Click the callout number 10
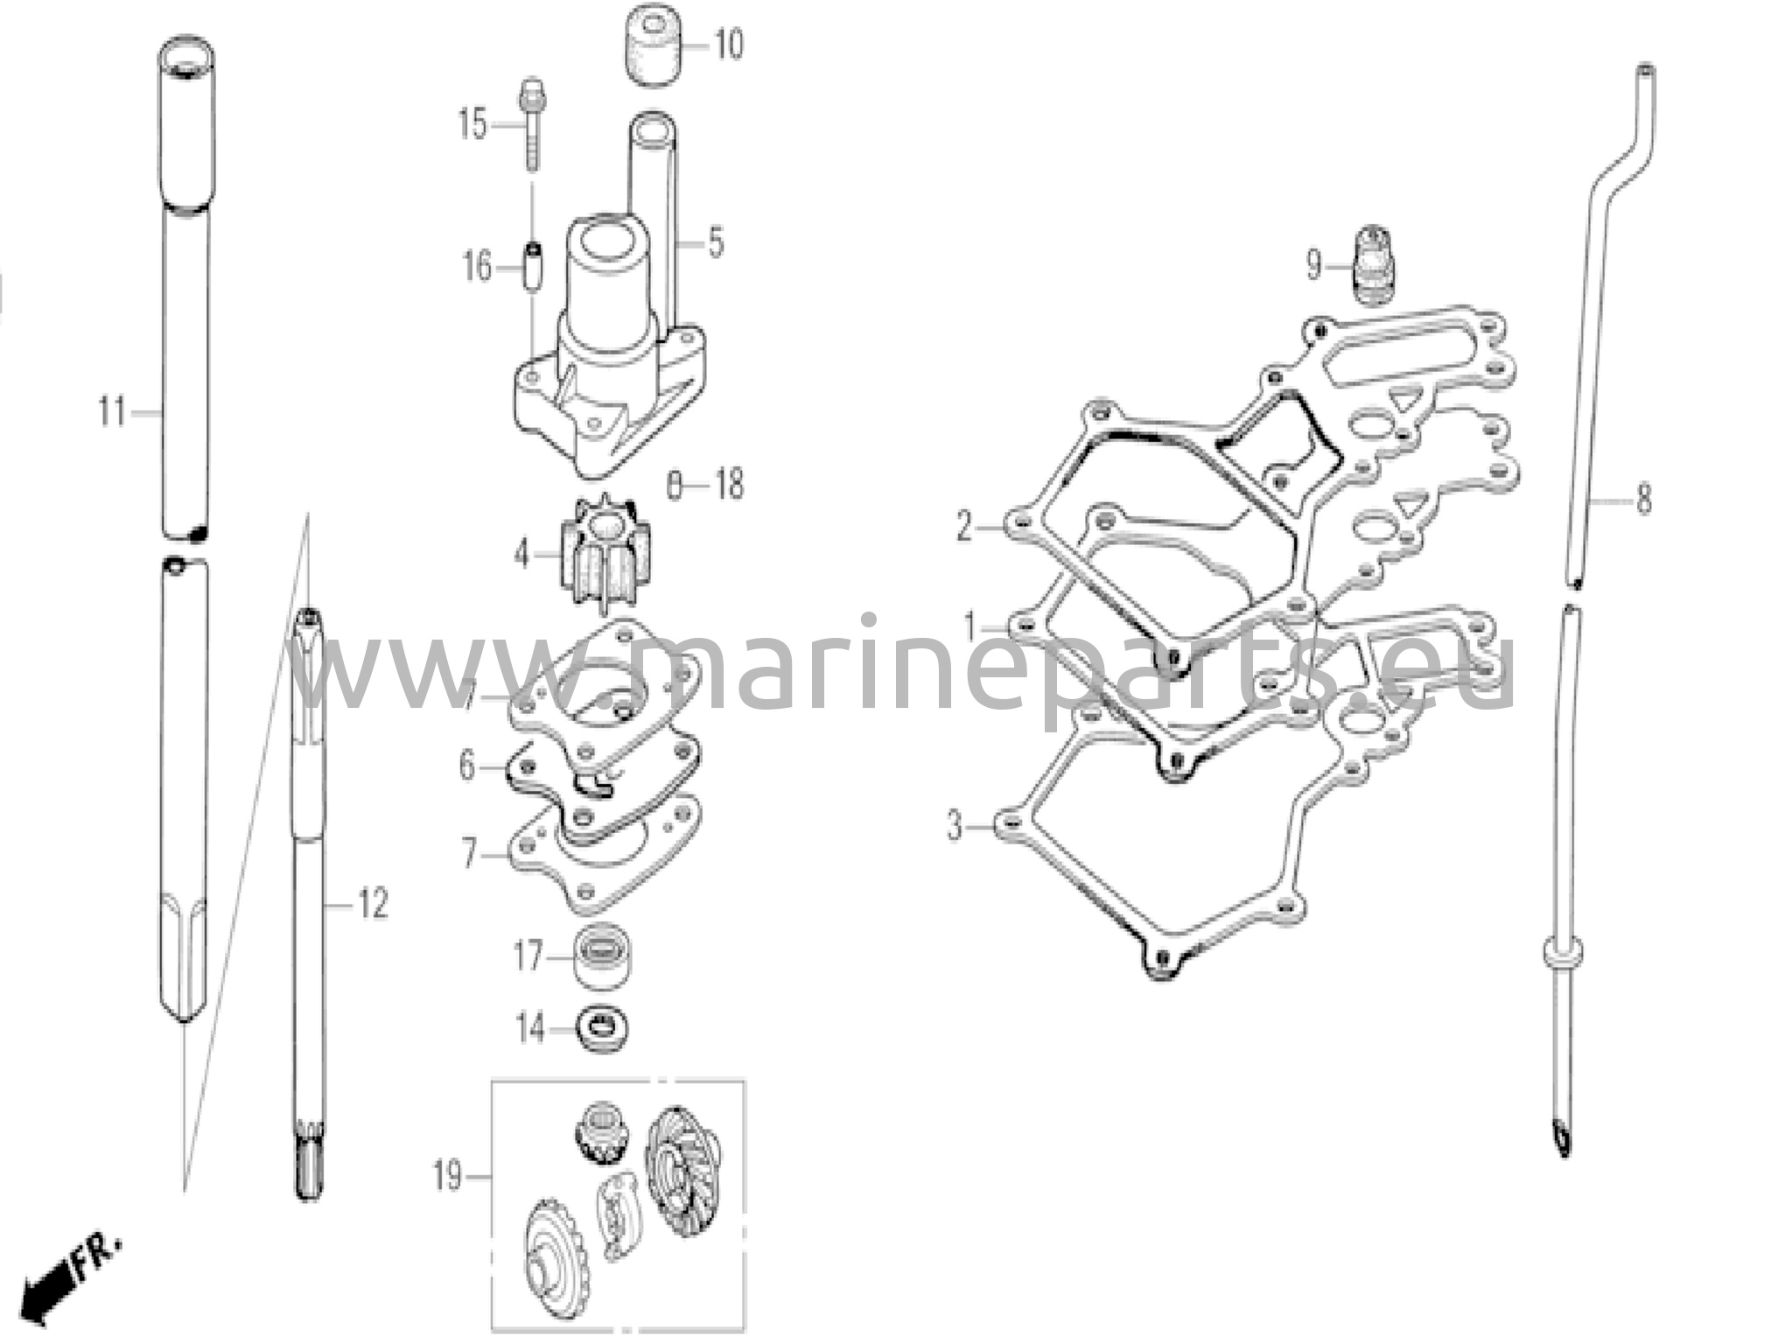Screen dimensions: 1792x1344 728,44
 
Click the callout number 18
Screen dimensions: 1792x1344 728,484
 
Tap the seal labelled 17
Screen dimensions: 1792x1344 601,958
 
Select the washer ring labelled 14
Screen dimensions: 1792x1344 603,1029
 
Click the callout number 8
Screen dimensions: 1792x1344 1643,500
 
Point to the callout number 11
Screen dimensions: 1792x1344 112,411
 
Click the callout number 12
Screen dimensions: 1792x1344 371,904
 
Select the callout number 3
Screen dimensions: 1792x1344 955,826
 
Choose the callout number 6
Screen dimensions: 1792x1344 466,766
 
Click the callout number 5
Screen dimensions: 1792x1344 716,242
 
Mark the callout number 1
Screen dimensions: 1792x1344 969,626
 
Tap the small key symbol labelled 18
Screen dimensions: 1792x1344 673,485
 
